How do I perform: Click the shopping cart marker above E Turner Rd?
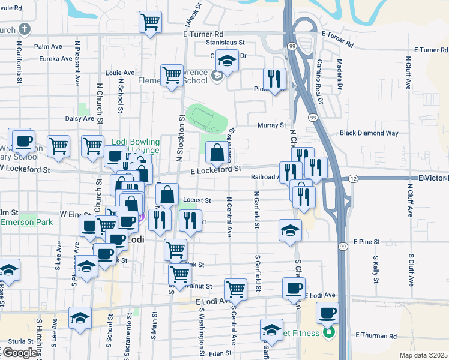click(150, 22)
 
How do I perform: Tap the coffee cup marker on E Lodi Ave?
click(294, 287)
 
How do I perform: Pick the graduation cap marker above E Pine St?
click(290, 230)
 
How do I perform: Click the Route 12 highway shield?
click(353, 179)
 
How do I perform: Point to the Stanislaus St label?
click(225, 43)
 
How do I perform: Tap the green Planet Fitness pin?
click(328, 332)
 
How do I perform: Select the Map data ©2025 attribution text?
click(423, 355)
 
